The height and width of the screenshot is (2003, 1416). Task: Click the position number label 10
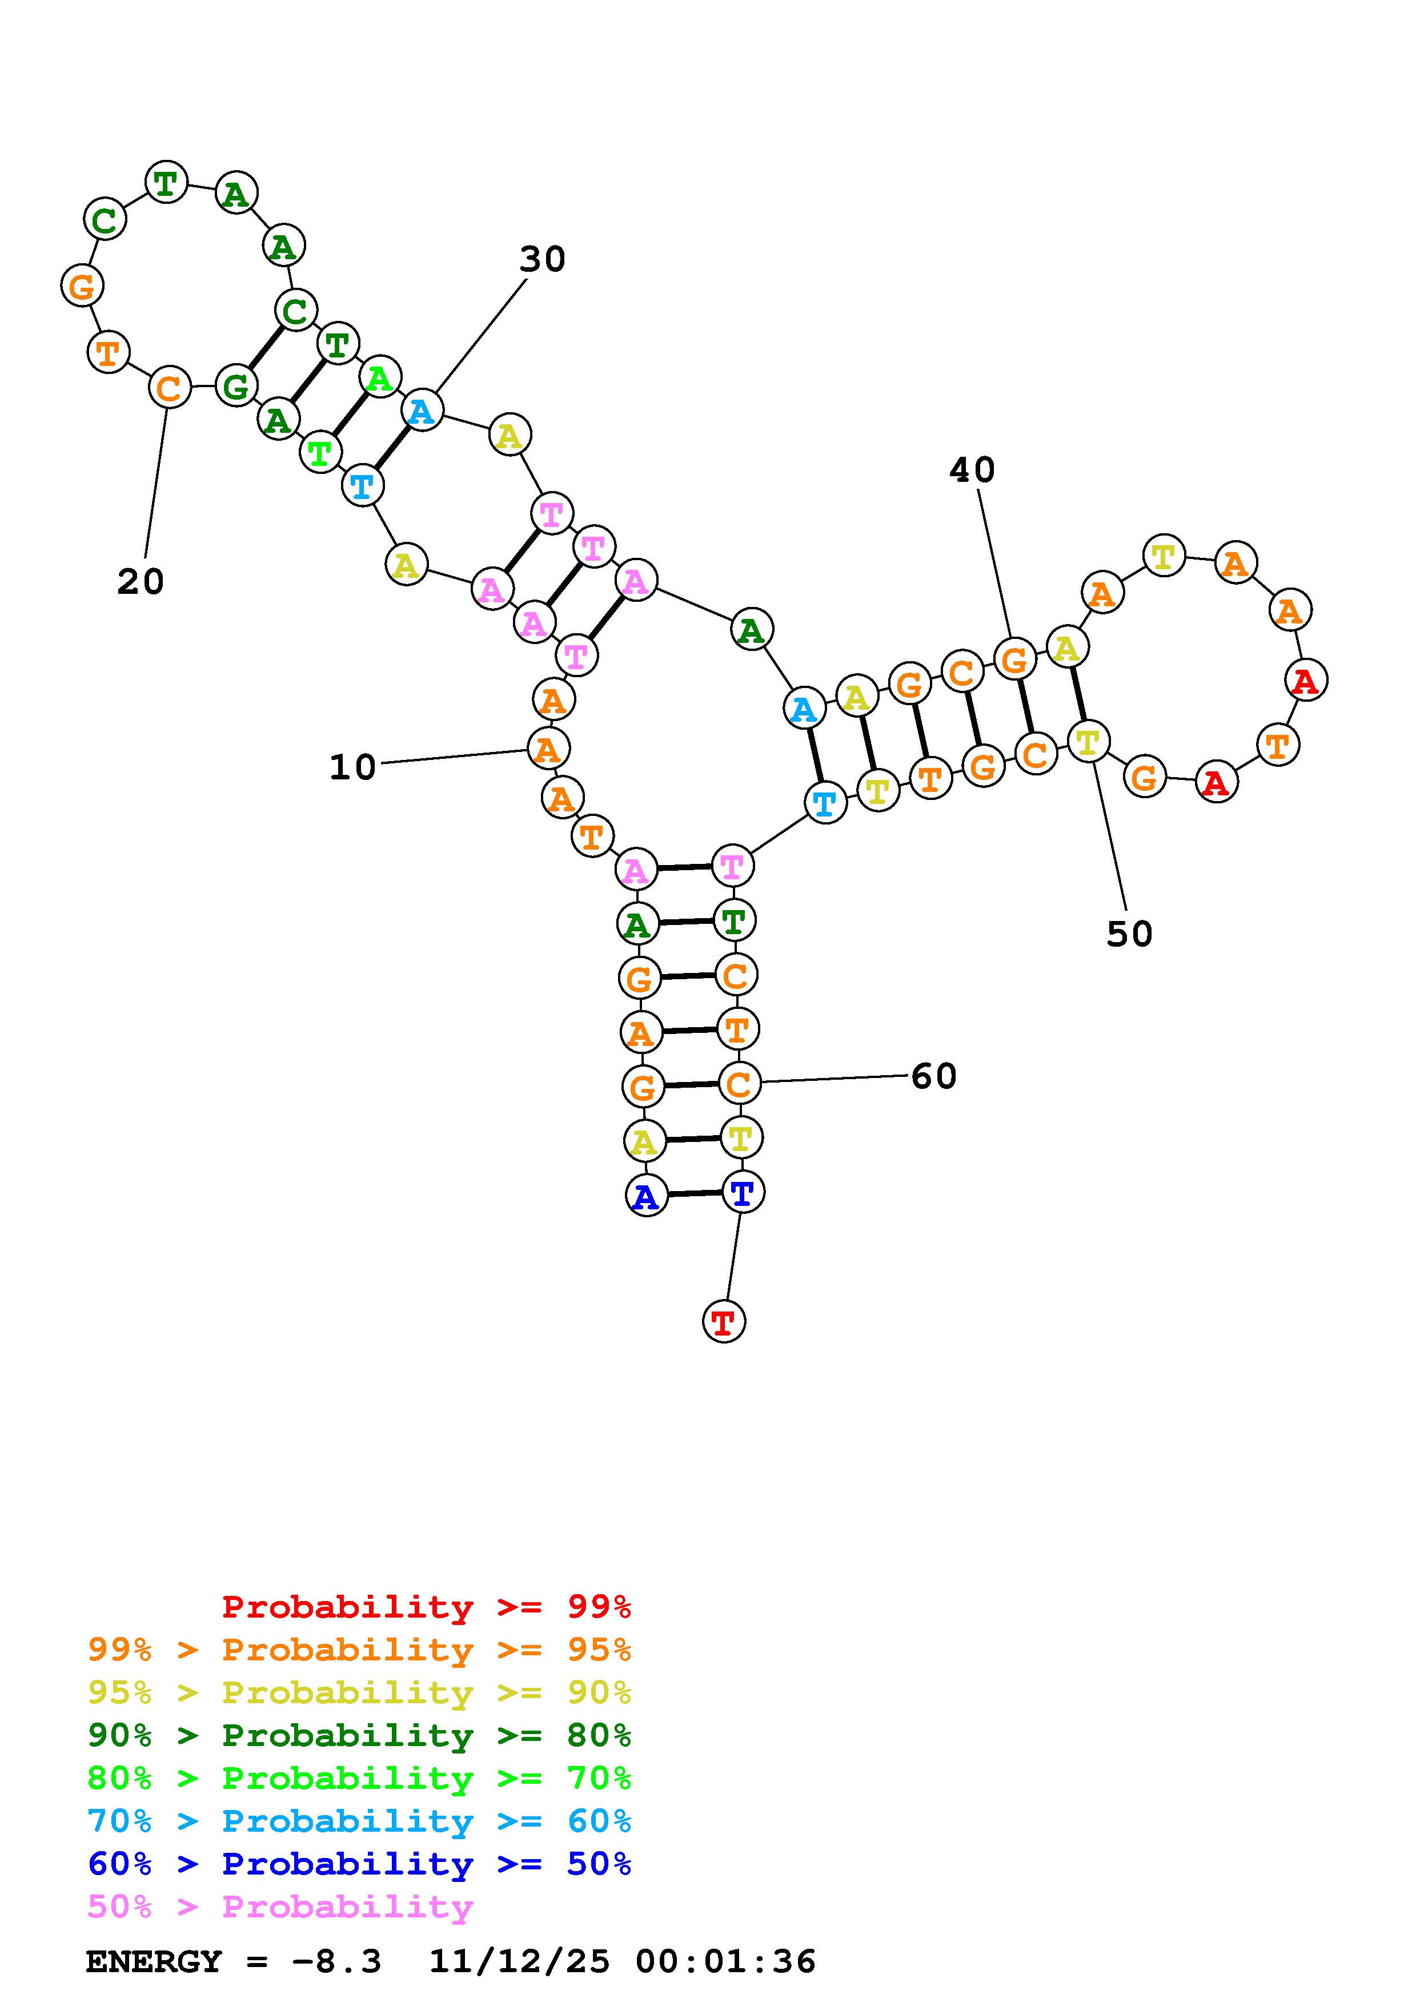coord(352,767)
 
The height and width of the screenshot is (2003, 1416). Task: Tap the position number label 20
coord(141,582)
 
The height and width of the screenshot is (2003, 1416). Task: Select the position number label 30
coord(543,259)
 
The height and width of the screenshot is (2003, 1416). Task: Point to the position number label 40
coord(972,470)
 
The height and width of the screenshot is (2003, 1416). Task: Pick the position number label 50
coord(1130,934)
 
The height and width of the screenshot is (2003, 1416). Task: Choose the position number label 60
coord(934,1076)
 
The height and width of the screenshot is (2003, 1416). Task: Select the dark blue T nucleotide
coord(743,1192)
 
